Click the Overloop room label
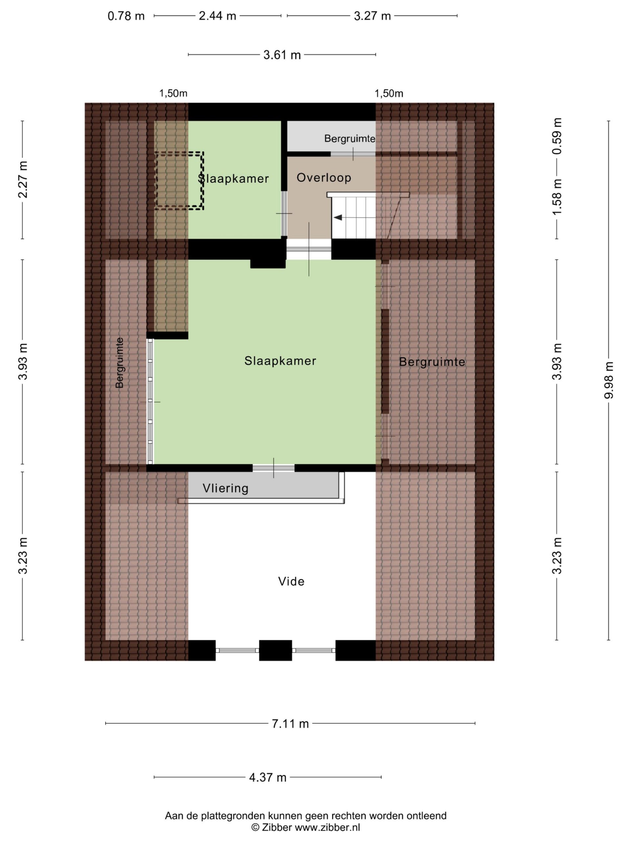click(324, 177)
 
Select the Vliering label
click(225, 488)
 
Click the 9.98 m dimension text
click(609, 380)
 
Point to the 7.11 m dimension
click(290, 724)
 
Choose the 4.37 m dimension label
click(268, 777)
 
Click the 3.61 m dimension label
click(282, 55)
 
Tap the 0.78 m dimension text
click(126, 16)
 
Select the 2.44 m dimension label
click(218, 16)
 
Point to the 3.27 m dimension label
click(372, 16)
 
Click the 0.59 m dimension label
click(557, 136)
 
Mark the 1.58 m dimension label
click(557, 197)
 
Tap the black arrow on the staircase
click(338, 217)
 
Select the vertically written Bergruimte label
click(119, 363)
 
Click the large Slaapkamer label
click(280, 361)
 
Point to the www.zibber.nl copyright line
click(305, 827)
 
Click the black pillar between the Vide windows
click(275, 650)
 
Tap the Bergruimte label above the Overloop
click(350, 138)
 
